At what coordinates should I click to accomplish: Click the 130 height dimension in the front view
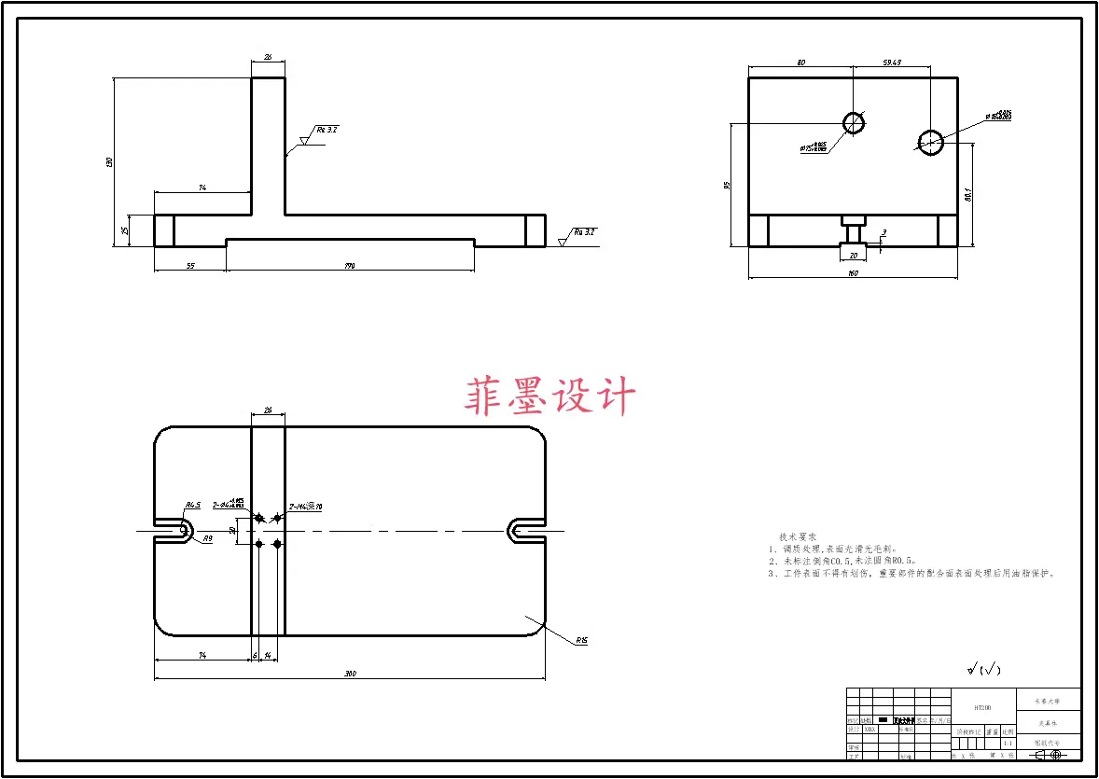tap(110, 162)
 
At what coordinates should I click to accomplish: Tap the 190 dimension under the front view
tap(350, 266)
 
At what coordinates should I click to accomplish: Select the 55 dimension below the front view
tap(190, 266)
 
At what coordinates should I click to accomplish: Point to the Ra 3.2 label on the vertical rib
tap(326, 130)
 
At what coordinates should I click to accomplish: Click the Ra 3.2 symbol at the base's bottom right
tap(585, 231)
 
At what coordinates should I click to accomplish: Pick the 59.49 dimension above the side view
tap(891, 63)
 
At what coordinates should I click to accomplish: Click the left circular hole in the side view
tap(854, 122)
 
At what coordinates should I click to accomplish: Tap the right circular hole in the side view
tap(930, 142)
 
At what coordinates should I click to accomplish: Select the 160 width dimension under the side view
tap(852, 273)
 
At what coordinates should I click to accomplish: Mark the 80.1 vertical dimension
tap(968, 194)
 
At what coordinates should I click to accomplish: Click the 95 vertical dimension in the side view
tap(728, 185)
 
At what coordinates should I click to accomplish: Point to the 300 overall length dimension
tap(350, 674)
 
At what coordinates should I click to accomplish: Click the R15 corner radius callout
tap(581, 640)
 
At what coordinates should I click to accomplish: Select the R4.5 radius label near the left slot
tap(192, 505)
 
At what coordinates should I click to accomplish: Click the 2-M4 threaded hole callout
tap(305, 507)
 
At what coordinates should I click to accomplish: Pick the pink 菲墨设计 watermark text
tap(549, 396)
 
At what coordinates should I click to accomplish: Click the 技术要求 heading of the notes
tap(798, 537)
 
